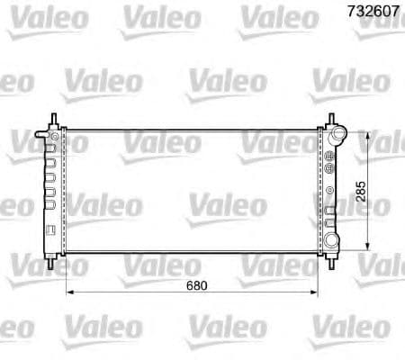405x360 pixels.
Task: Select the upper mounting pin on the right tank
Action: [332, 121]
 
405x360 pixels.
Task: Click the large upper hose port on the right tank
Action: [340, 137]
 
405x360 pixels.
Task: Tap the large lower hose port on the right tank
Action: [336, 240]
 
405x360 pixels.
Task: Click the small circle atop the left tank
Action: [55, 137]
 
